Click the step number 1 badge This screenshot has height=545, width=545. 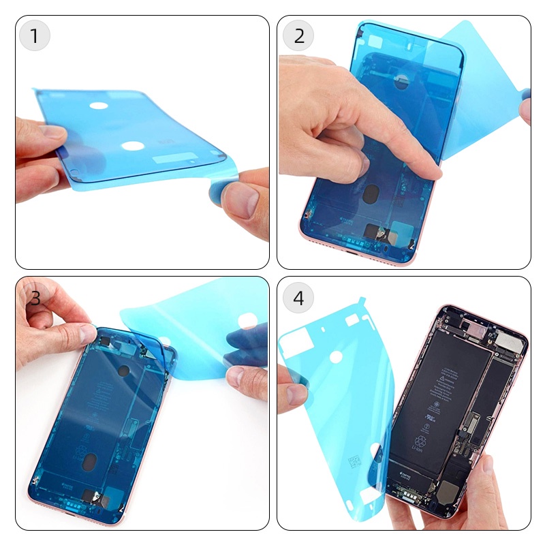[35, 35]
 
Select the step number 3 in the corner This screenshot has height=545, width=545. [35, 298]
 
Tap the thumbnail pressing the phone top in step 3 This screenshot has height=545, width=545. [86, 333]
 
